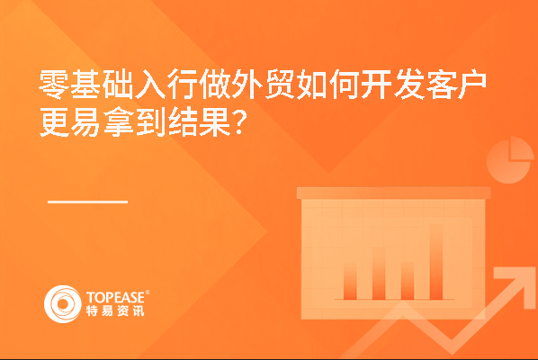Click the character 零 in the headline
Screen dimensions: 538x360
pyautogui.click(x=54, y=84)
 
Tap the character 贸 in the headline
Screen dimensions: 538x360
pyautogui.click(x=280, y=84)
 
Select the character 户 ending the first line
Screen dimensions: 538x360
pyautogui.click(x=472, y=84)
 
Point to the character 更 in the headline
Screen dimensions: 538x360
pyautogui.click(x=54, y=121)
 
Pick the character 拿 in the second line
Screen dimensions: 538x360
pyautogui.click(x=119, y=121)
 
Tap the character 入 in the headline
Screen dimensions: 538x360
pyautogui.click(x=151, y=84)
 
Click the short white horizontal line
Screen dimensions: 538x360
pyautogui.click(x=88, y=202)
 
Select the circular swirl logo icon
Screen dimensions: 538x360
pyautogui.click(x=63, y=304)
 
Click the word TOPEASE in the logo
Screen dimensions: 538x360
pyautogui.click(x=116, y=298)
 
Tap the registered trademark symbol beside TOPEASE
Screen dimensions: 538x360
pyautogui.click(x=148, y=292)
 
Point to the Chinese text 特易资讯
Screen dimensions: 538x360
pyautogui.click(x=115, y=310)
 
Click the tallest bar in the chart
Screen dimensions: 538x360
pyautogui.click(x=436, y=262)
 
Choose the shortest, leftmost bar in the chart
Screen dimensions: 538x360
pyautogui.click(x=350, y=282)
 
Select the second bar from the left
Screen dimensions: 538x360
pyautogui.click(x=379, y=274)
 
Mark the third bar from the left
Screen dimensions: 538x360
pyautogui.click(x=408, y=281)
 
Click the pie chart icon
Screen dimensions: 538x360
pyautogui.click(x=510, y=160)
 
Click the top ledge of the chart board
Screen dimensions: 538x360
pyautogui.click(x=393, y=193)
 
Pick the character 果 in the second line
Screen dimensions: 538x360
pyautogui.click(x=216, y=121)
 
